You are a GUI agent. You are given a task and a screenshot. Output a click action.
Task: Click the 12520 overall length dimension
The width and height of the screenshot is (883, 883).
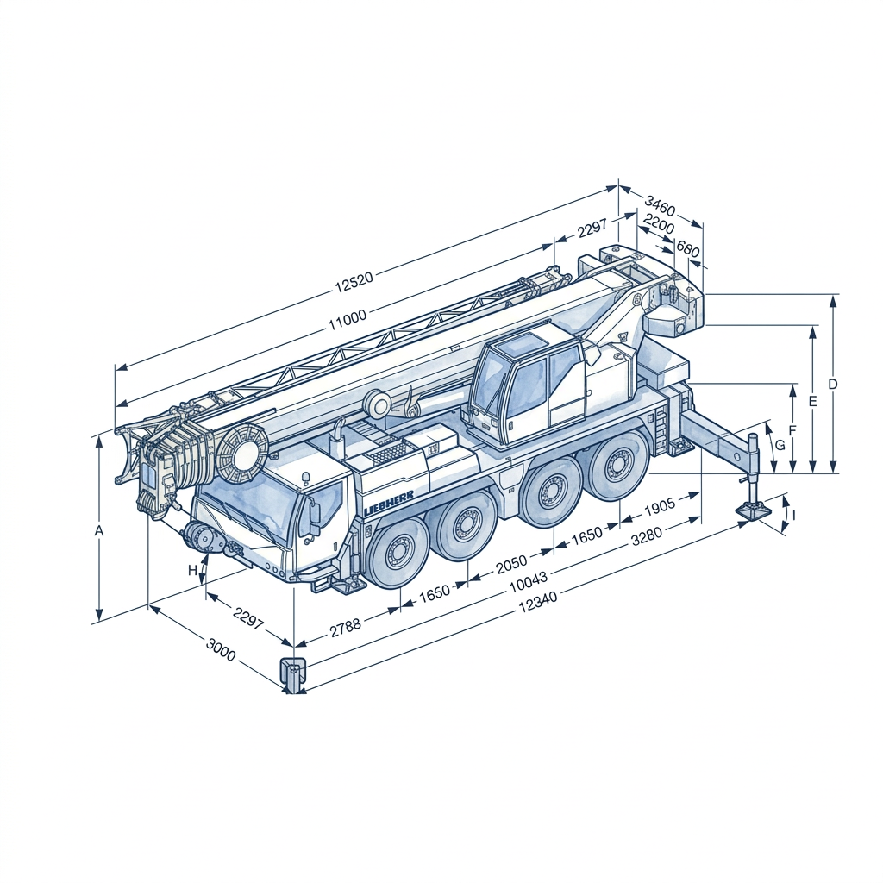click(354, 282)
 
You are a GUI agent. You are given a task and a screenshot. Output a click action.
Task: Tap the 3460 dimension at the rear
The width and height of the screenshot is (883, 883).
click(660, 206)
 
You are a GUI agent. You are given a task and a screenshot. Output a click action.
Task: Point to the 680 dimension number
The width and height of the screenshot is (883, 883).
click(687, 248)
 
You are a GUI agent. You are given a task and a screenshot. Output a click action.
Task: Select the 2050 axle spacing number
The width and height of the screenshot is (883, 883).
click(512, 563)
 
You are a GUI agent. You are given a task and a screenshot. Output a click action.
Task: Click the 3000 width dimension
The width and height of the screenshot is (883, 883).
click(221, 650)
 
